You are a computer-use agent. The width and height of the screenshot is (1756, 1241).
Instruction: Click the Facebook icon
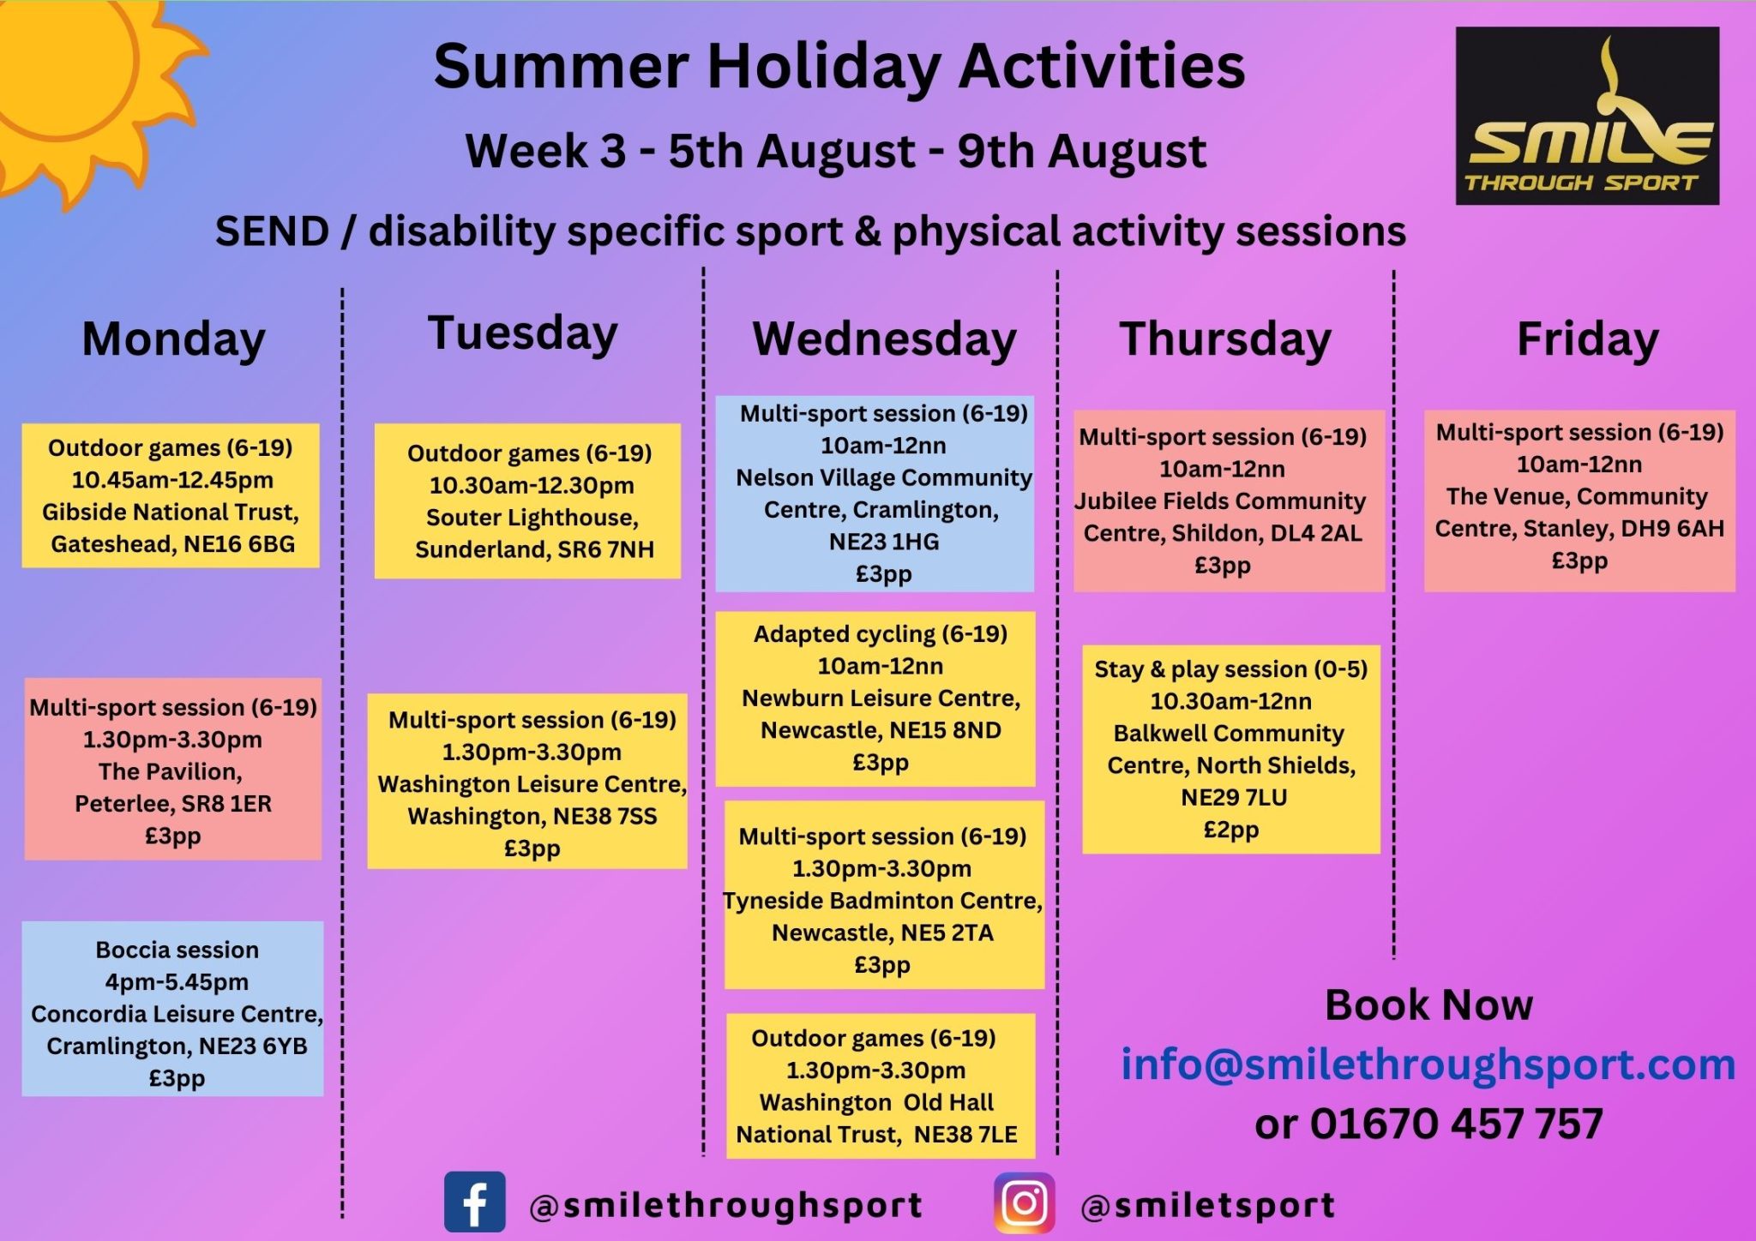(474, 1202)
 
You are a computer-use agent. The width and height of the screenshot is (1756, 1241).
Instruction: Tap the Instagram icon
(1025, 1202)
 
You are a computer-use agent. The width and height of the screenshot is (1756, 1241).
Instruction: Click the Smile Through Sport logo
(1587, 116)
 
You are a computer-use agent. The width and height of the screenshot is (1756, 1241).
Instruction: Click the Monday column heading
(174, 339)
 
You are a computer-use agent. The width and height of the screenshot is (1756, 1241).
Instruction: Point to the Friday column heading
(1587, 339)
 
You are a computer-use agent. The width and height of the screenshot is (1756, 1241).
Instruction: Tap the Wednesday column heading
(884, 339)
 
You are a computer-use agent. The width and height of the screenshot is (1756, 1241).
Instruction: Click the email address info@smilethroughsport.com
(1428, 1064)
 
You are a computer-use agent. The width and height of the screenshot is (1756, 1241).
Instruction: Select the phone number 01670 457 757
(1456, 1124)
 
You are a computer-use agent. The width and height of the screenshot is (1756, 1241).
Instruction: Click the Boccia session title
(177, 950)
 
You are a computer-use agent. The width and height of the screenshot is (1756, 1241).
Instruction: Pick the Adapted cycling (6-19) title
(880, 634)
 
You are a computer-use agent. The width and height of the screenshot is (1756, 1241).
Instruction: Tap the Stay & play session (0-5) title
(1230, 669)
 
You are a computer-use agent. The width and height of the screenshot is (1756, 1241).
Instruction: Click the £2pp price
(1230, 830)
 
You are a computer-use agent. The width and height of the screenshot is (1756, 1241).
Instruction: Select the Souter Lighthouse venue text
(532, 518)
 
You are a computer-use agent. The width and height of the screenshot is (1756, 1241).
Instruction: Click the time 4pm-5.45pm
(177, 982)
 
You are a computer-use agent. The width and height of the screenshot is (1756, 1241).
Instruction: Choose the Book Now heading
(1428, 1004)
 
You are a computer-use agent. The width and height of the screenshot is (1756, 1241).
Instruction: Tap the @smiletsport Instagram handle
(1208, 1206)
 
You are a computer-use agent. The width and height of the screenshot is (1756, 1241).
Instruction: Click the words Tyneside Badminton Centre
(882, 901)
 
